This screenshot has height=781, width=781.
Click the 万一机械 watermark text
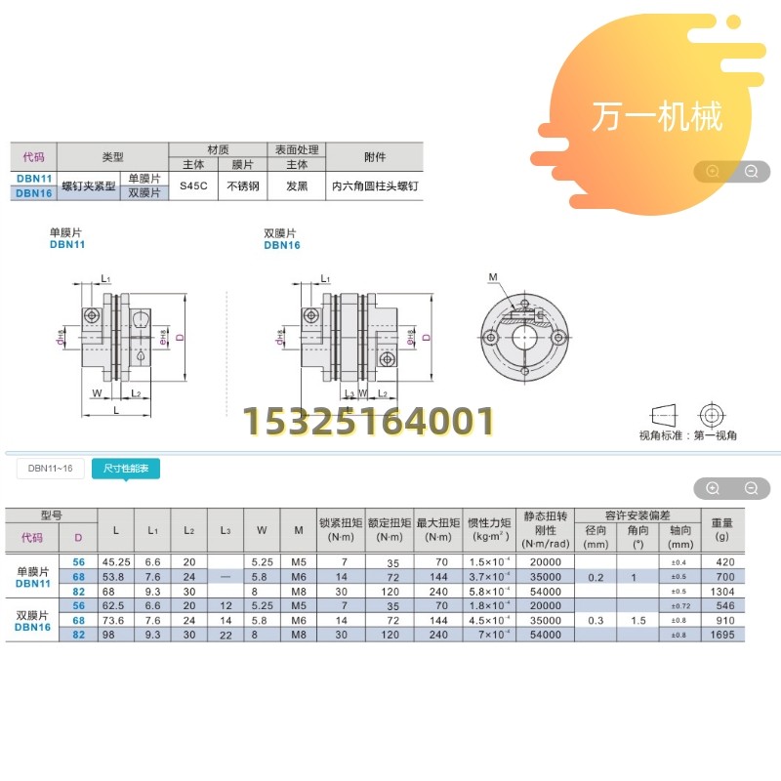pos(657,116)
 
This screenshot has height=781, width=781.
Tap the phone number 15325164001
pos(368,422)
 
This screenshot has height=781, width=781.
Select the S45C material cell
pos(193,185)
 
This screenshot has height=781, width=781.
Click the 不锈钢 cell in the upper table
pos(242,185)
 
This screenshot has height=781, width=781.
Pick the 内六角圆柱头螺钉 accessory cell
pos(375,185)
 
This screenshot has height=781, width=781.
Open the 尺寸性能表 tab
pos(126,469)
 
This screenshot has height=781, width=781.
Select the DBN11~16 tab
pos(51,469)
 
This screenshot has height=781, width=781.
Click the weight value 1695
pos(722,633)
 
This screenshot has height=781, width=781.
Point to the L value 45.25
pos(116,562)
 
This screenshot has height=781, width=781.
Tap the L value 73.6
pos(116,619)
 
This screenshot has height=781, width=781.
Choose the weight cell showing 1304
pos(722,591)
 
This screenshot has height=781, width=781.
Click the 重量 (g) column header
pos(722,528)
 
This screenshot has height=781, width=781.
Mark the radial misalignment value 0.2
pos(596,577)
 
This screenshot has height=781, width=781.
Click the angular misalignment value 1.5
pos(639,619)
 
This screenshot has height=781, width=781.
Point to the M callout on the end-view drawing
pos(493,277)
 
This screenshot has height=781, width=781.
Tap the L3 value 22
pos(226,633)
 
